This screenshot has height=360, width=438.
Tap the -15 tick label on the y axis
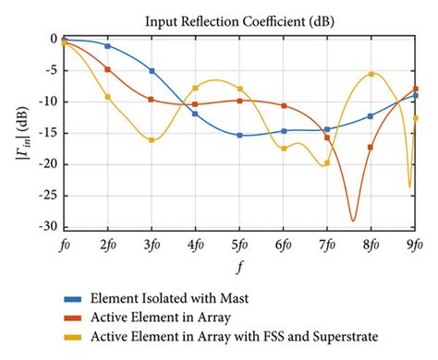[46, 133]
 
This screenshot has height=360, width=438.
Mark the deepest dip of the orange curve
[352, 220]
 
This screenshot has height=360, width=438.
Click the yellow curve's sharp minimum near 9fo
[409, 186]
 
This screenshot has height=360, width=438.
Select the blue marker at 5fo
[239, 135]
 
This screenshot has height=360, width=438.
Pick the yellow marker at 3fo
[152, 139]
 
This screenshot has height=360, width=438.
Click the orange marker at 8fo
[371, 147]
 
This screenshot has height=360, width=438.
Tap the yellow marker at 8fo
[371, 74]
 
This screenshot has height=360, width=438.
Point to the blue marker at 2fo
[108, 46]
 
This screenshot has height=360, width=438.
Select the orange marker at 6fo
[284, 106]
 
